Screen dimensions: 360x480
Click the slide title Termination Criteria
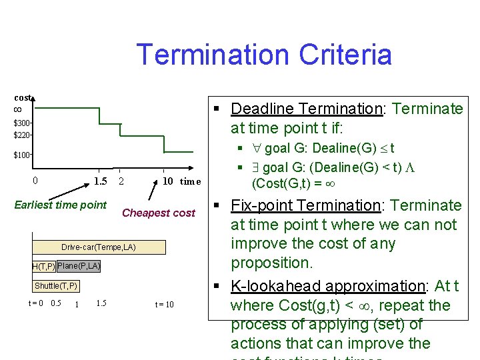point(263,55)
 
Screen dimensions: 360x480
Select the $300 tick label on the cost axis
point(22,123)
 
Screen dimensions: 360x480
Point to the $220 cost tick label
point(22,135)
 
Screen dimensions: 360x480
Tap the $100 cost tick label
point(22,155)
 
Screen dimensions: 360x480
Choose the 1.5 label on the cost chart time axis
point(100,181)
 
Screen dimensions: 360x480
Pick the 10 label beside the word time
point(168,181)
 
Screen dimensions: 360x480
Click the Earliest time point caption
point(60,205)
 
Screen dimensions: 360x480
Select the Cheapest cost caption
point(159,213)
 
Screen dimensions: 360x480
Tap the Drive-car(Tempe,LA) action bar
point(98,247)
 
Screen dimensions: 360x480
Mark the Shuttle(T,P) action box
point(55,286)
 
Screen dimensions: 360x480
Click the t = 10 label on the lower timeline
point(164,305)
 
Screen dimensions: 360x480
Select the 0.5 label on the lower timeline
point(56,304)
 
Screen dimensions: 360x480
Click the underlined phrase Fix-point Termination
point(306,205)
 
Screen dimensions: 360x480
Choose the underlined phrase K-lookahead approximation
point(327,286)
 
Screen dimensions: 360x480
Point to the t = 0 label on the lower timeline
point(36,304)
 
